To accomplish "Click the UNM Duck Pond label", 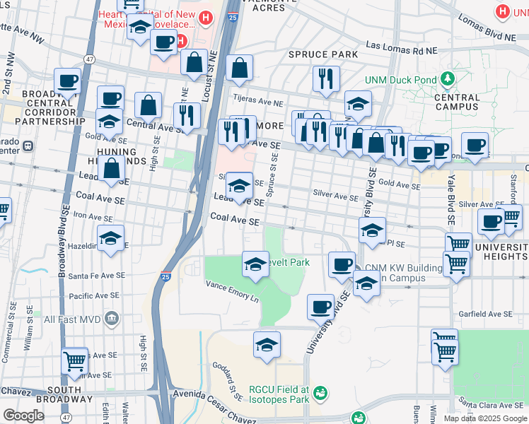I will [x=400, y=81].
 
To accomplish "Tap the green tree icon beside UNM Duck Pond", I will [x=447, y=78].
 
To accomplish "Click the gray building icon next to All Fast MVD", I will [x=110, y=319].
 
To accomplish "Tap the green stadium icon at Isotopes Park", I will [x=320, y=391].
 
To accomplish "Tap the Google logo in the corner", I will [x=23, y=416].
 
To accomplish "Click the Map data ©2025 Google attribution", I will [x=484, y=418].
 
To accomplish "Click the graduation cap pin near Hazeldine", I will [x=110, y=239].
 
